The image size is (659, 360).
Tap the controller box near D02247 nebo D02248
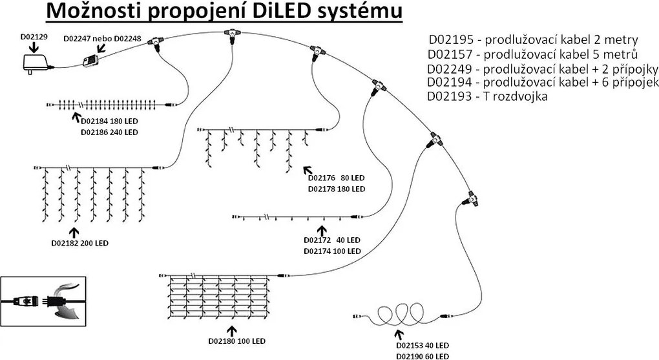point(90,62)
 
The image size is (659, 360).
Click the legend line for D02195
point(532,39)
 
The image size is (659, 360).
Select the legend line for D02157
point(532,54)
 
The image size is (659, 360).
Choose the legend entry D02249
point(542,69)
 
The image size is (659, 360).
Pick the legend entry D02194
point(542,82)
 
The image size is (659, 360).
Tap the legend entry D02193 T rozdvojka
point(487,96)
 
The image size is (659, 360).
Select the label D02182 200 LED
point(79,244)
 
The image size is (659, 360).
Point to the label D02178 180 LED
point(337,189)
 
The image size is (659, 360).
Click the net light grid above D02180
point(216,295)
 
